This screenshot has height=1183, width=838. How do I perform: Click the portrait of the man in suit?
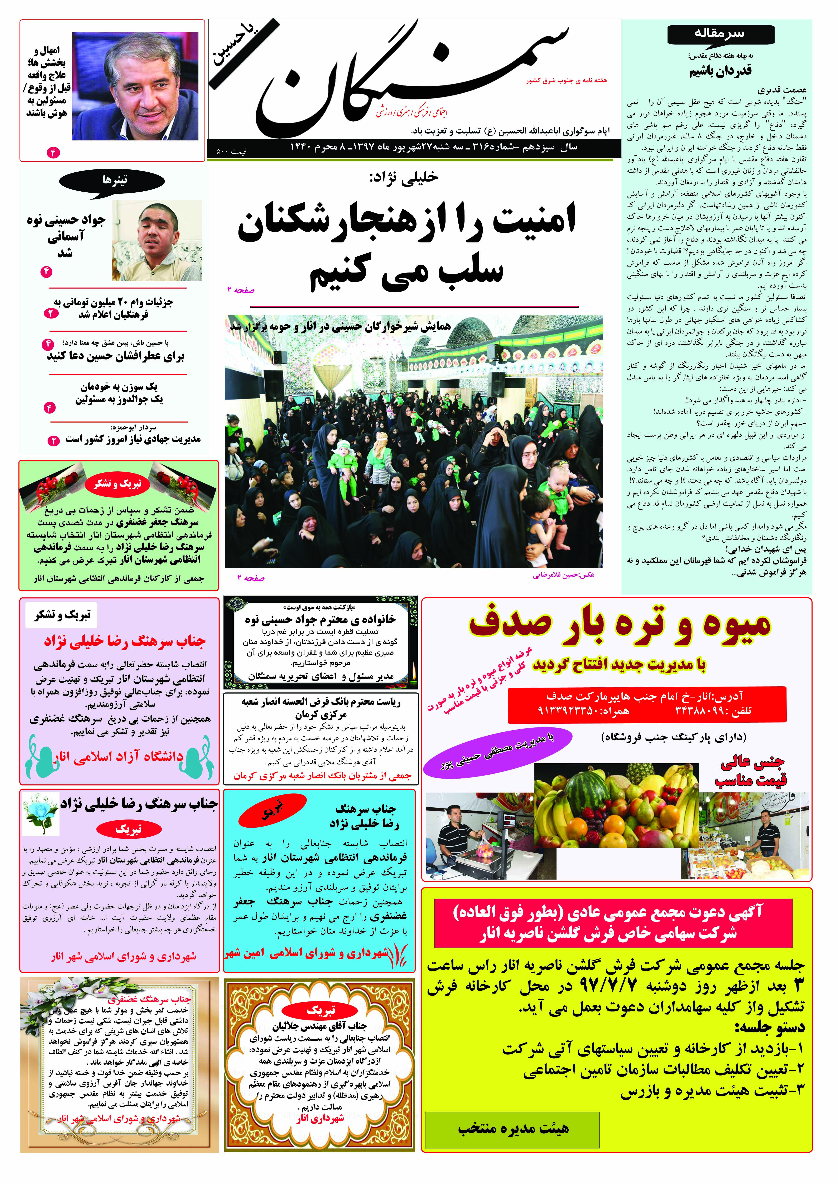tap(135, 86)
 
